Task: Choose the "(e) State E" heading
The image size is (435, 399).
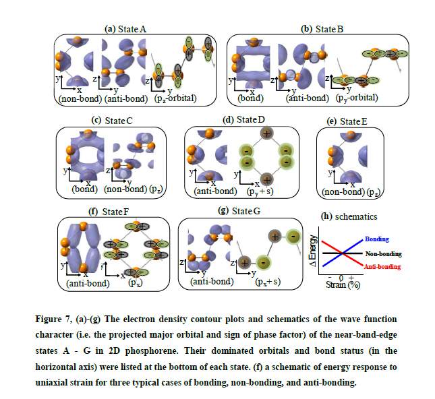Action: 347,121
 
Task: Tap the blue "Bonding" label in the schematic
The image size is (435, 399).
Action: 376,239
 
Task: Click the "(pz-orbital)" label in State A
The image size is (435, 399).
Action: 181,98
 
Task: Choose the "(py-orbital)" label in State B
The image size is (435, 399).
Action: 356,98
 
